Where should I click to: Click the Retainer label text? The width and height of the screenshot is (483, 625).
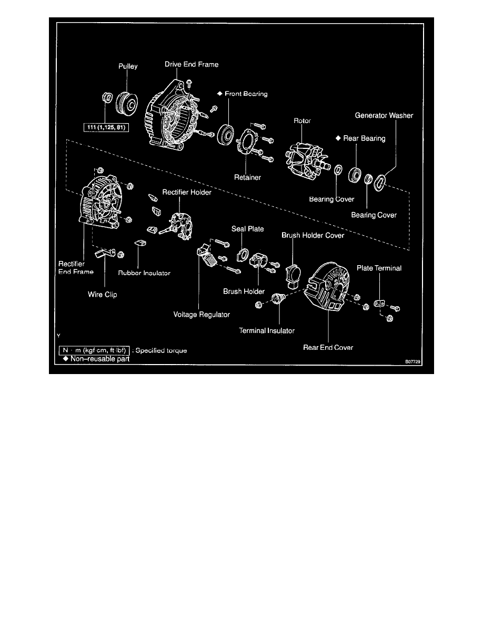click(x=248, y=177)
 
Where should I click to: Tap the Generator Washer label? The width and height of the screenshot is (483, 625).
click(x=376, y=115)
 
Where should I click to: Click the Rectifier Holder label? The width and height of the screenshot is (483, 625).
click(x=180, y=193)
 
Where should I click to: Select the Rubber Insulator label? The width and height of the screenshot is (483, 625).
click(x=144, y=273)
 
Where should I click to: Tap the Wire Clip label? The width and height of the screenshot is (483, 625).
click(x=102, y=295)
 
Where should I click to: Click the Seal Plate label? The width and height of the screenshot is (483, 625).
click(x=248, y=229)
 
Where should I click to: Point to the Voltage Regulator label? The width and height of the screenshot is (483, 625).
click(x=202, y=315)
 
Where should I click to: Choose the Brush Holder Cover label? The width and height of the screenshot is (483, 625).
click(x=313, y=235)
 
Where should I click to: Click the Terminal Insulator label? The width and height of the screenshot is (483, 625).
click(x=267, y=330)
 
